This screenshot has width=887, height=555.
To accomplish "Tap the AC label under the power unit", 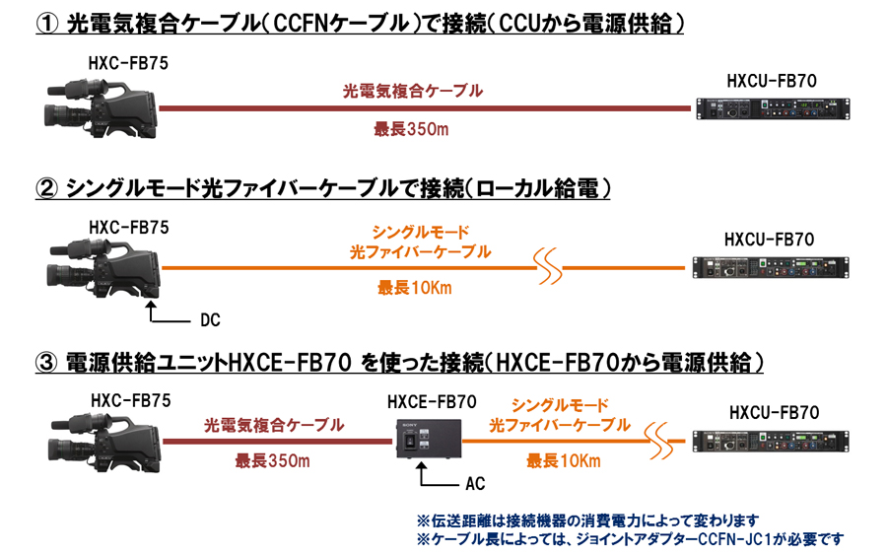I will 474,484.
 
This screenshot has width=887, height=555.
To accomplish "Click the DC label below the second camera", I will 210,320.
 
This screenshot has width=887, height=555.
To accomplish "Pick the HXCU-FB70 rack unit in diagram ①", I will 771,107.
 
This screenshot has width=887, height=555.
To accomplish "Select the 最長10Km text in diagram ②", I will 415,288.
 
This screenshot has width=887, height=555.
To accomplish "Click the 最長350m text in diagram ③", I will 272,460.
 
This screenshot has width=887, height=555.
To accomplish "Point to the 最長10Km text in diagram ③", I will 561,460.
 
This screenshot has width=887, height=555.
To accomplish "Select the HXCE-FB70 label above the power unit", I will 432,401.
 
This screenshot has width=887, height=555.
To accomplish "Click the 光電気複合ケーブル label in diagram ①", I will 412,91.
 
